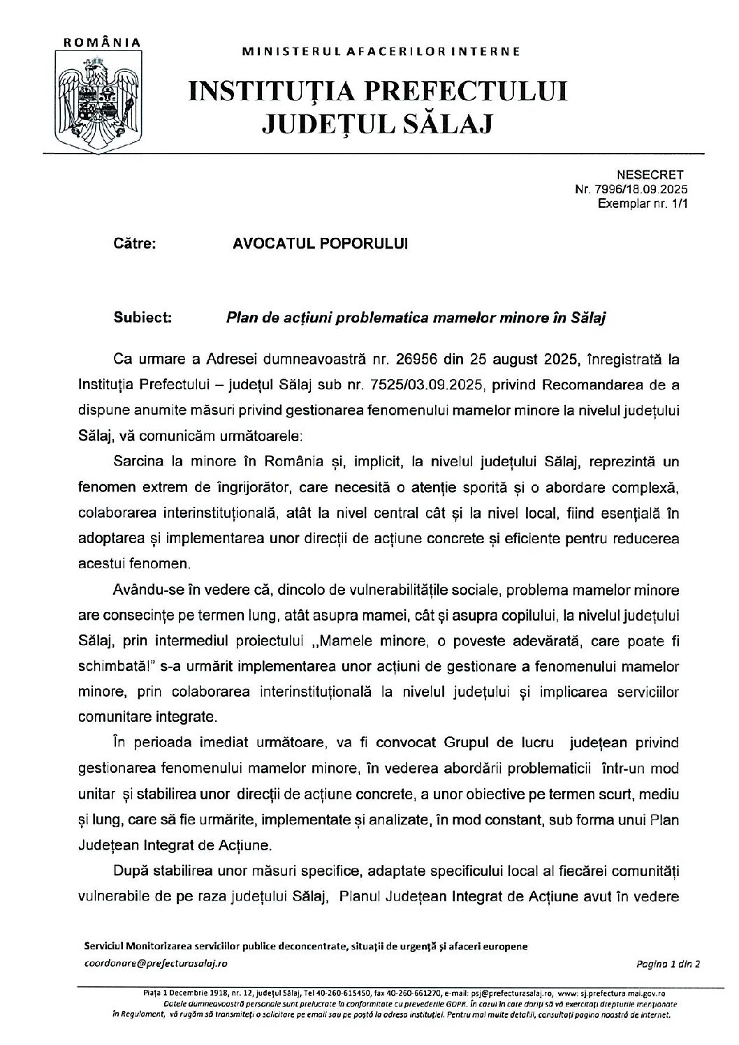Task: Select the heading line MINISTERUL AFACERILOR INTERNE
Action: [x=381, y=52]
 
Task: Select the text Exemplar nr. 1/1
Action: [x=642, y=203]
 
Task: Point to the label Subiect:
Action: [x=142, y=318]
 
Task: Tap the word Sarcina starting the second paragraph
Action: [x=139, y=462]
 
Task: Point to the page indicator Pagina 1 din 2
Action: [x=668, y=963]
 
